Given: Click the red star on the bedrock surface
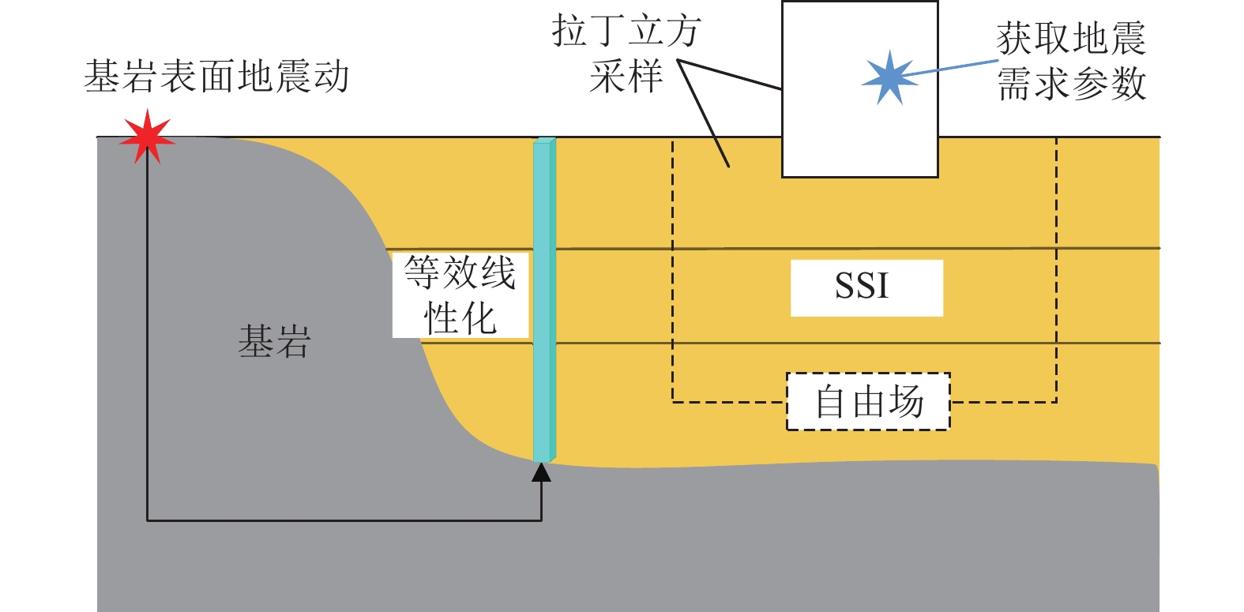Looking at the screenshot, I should tap(148, 137).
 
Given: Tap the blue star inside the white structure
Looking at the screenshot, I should tap(889, 77).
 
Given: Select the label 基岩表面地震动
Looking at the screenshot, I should tap(216, 77).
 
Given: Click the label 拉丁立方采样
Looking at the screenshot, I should tap(626, 54).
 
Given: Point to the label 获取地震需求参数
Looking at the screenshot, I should tap(1071, 62).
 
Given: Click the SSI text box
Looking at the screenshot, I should tap(866, 287).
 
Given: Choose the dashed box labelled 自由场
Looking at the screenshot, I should tap(868, 401).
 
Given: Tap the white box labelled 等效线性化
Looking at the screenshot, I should tap(460, 295).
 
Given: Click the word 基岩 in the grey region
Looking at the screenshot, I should tap(274, 342).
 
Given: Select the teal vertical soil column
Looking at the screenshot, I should tap(543, 300).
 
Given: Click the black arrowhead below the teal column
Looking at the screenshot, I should tap(541, 472).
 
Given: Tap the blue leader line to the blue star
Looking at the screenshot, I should tap(952, 68).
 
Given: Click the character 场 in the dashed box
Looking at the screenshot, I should tap(906, 401).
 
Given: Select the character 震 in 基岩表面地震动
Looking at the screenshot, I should tap(292, 77).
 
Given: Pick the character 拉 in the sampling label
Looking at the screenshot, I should tap(570, 32).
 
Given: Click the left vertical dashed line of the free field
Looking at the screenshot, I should tap(672, 268).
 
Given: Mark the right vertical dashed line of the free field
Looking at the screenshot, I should tap(1056, 268).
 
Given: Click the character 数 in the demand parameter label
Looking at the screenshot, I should tap(1127, 84).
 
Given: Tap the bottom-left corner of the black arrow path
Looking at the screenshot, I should tap(148, 520).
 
